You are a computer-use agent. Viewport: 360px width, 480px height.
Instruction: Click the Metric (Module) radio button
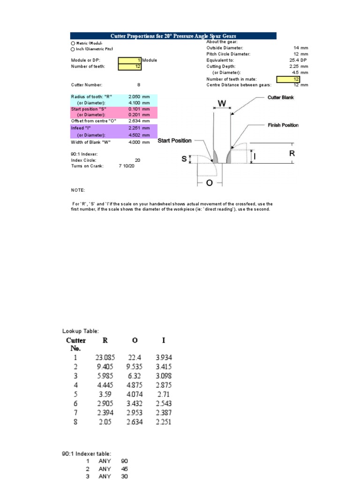pos(73,43)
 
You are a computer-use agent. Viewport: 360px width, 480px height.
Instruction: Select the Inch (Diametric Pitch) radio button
pos(73,49)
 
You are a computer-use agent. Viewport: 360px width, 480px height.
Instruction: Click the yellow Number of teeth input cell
pos(130,67)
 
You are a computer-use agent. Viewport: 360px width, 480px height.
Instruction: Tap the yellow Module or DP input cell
pos(130,60)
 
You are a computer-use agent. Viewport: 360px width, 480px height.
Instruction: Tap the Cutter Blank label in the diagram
pos(280,97)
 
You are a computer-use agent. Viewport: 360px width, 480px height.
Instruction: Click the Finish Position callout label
pos(283,126)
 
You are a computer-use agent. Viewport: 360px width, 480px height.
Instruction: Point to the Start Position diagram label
pos(174,141)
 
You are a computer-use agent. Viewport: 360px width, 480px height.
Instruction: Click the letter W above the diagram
pos(222,102)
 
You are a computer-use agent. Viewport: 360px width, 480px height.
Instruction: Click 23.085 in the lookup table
pos(105,358)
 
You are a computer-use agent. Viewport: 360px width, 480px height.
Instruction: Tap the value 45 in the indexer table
pos(124,468)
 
